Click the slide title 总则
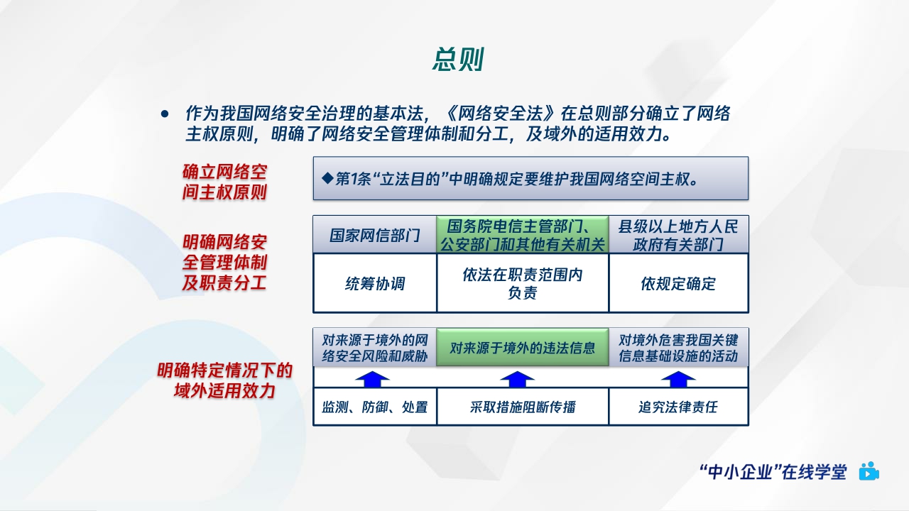[458, 60]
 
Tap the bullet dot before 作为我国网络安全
[165, 114]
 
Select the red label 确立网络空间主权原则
[224, 182]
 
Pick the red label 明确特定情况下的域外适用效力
[224, 380]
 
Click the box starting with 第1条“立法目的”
[530, 178]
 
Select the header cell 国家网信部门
[374, 235]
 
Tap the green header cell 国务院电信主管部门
[522, 235]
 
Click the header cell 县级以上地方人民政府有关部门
[678, 235]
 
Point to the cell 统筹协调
[374, 284]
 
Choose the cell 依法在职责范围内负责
[522, 284]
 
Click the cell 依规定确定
[678, 284]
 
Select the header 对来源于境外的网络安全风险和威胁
[374, 348]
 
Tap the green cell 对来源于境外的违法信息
[522, 348]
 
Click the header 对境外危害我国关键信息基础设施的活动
[678, 348]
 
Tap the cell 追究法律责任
[678, 407]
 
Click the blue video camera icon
[869, 471]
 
